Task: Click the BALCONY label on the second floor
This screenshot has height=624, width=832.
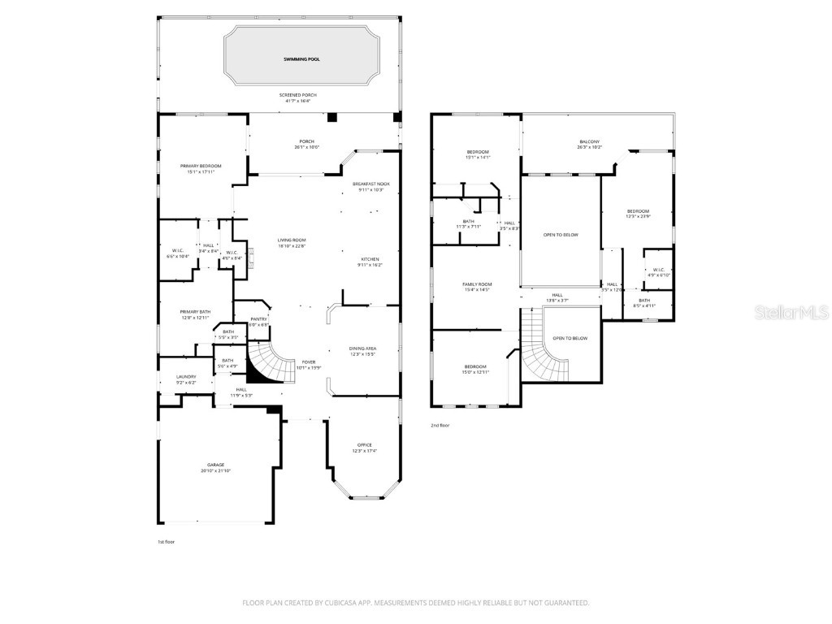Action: click(x=589, y=144)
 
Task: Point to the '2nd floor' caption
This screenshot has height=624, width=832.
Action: click(x=440, y=425)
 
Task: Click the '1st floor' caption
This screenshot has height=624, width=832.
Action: click(x=166, y=542)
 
